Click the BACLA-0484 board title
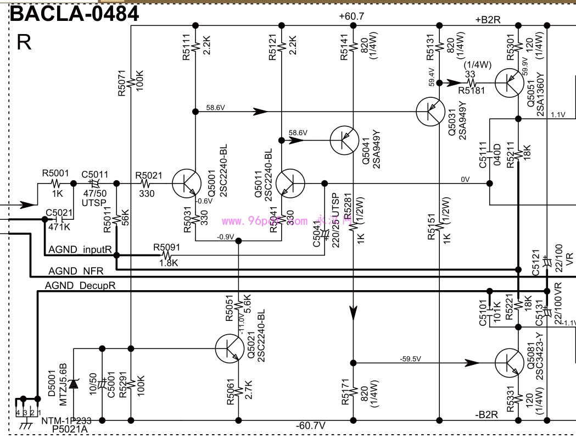click(x=75, y=13)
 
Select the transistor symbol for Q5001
click(x=187, y=183)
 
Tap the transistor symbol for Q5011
click(x=290, y=183)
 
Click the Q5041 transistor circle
click(x=345, y=140)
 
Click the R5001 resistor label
click(x=55, y=173)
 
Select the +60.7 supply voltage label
click(x=351, y=16)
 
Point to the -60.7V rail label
click(x=311, y=426)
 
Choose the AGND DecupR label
click(x=80, y=285)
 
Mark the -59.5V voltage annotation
click(x=410, y=359)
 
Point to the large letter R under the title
click(x=24, y=42)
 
